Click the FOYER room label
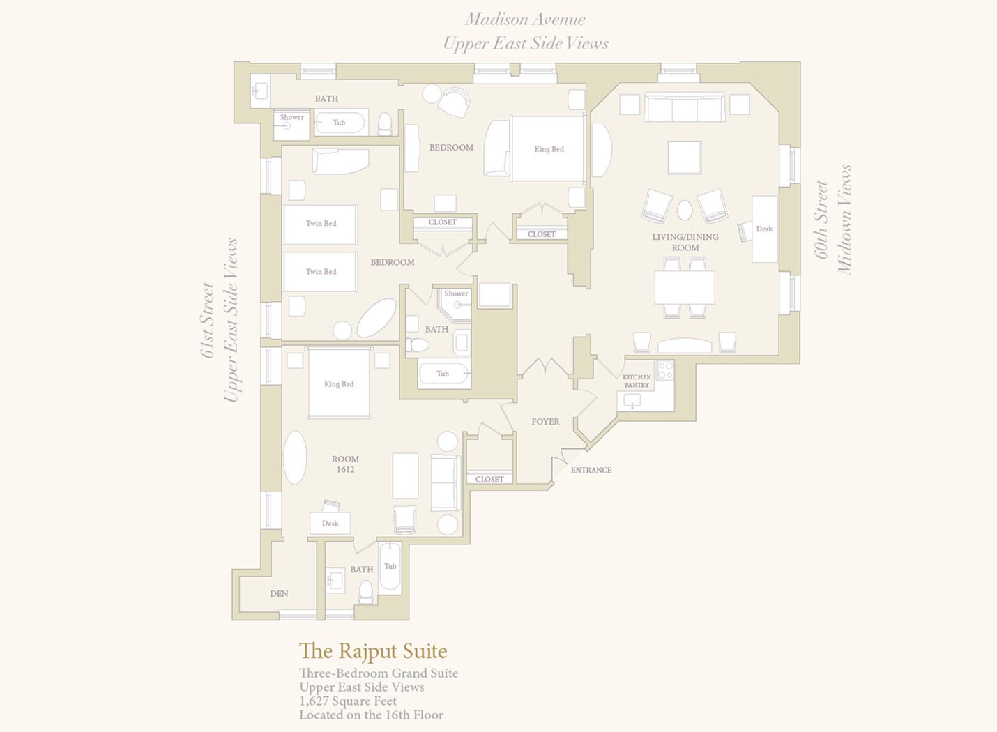545,421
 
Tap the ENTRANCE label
591,470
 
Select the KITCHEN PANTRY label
637,381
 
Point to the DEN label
279,593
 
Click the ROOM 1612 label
345,464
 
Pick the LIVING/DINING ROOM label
685,242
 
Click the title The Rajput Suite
373,651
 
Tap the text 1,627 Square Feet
348,701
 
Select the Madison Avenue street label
525,19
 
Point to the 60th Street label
821,220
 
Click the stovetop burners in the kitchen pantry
665,370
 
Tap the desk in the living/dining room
765,229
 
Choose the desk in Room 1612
330,524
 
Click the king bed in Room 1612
339,383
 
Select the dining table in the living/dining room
685,287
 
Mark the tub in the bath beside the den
390,567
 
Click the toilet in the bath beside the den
366,592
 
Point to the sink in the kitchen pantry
632,400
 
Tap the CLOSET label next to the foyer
489,479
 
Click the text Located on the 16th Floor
371,715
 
